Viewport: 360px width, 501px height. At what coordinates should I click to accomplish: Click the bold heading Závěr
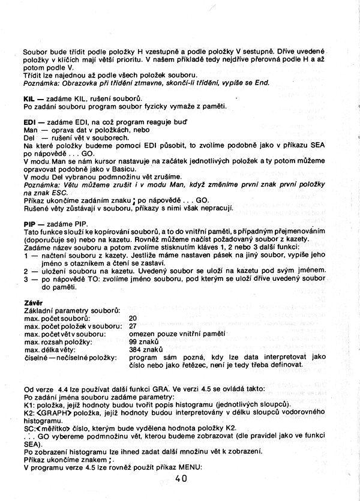[32, 302]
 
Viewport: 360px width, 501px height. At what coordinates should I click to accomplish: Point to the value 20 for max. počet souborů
[133, 317]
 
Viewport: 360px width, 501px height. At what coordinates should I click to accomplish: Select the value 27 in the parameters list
[133, 325]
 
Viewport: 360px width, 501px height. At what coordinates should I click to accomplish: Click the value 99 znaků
[143, 341]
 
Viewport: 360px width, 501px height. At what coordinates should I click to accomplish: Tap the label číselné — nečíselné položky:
[70, 356]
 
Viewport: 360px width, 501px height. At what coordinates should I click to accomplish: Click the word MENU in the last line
[191, 467]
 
